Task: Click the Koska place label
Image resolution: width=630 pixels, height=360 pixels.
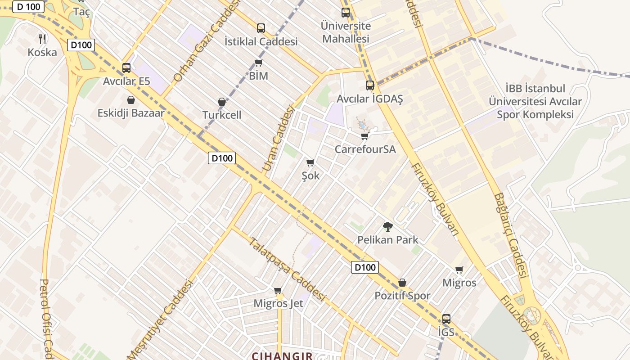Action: pos(42,52)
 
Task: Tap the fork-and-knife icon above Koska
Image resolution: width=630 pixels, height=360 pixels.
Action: pos(42,39)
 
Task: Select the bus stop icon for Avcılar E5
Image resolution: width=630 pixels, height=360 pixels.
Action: pos(126,68)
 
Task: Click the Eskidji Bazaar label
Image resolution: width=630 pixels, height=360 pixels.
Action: pos(130,113)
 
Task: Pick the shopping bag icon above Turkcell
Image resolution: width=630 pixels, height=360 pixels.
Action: pos(222,102)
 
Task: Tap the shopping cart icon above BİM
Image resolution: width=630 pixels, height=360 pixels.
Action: pos(258,63)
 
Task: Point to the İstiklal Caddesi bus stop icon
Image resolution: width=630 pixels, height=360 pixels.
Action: pos(261,28)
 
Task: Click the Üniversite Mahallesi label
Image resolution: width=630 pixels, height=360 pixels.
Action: pos(346,32)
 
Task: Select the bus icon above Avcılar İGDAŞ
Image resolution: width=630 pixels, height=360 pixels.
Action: pos(370,85)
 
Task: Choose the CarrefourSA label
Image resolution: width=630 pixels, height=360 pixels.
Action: pos(365,149)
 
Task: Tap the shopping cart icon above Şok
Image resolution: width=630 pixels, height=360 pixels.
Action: pos(310,162)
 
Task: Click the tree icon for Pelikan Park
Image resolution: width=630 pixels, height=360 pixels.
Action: pos(387,226)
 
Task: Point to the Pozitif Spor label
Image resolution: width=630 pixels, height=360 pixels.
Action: pos(402,296)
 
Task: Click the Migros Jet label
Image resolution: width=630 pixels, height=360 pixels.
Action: pos(278,303)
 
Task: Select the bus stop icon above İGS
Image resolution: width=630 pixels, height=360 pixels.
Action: pos(446,319)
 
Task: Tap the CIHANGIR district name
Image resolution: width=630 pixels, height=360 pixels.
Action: pos(282,356)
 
